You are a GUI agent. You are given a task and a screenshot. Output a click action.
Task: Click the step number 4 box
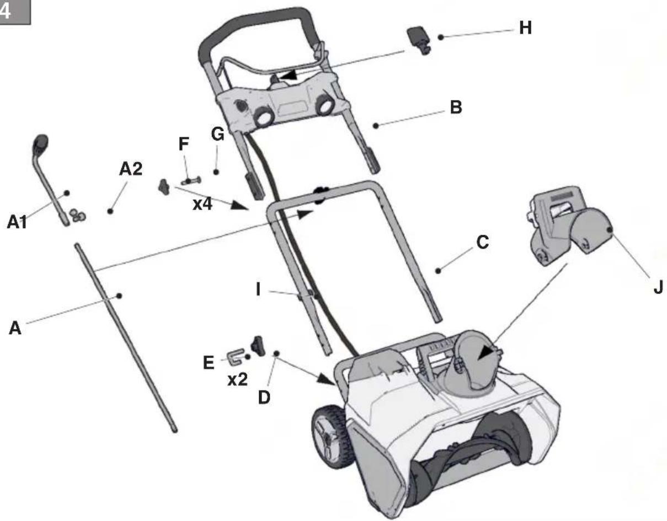point(15,12)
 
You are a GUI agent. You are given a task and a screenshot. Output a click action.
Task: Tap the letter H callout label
point(525,28)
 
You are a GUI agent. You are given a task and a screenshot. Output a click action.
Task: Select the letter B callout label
point(456,108)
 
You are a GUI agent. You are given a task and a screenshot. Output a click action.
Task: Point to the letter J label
point(658,287)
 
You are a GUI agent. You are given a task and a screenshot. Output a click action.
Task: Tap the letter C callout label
point(483,242)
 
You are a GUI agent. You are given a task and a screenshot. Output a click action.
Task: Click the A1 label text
point(17,222)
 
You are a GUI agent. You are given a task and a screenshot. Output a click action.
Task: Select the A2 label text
point(131,169)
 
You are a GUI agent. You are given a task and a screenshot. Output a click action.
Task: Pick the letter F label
point(184,144)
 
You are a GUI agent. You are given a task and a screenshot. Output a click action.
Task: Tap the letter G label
point(217,134)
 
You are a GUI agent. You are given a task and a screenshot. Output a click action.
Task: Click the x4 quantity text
point(202,204)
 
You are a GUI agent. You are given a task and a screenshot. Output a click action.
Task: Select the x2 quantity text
point(237,379)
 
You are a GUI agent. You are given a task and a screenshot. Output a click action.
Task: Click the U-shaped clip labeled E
point(236,356)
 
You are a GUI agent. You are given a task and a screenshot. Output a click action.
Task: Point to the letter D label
point(264,398)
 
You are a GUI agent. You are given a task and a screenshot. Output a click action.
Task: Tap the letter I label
point(258,290)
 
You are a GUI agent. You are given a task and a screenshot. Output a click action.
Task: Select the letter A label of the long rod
point(15,328)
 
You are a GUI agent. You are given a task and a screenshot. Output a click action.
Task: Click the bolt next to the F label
point(191,181)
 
